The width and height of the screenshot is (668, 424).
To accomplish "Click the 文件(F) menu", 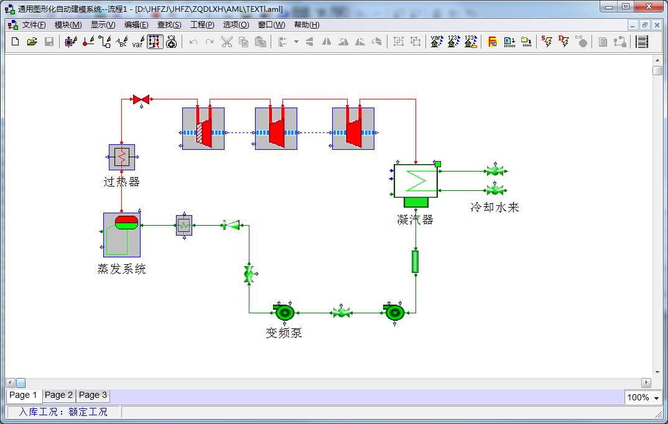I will tap(34, 25).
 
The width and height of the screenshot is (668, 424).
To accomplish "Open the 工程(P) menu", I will tap(202, 25).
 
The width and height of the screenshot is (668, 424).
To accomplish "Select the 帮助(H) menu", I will tap(306, 25).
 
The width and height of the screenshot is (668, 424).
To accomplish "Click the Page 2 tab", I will tap(58, 395).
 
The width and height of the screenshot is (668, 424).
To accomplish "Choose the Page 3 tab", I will tap(93, 395).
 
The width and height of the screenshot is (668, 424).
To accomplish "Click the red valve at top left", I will tap(141, 99).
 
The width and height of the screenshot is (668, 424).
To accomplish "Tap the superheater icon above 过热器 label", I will tap(122, 157).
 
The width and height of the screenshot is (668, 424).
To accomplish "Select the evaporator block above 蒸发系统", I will tap(122, 234).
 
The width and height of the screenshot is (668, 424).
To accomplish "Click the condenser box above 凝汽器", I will tap(415, 181).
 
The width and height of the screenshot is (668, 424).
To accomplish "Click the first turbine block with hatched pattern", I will tap(203, 129).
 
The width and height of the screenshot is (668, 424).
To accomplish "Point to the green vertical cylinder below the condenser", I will tap(415, 262).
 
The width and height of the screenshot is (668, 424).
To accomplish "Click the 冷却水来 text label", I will tap(494, 207).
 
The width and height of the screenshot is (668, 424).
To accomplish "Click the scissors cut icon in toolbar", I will tap(226, 42).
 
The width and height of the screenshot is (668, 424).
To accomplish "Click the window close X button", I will tap(653, 6).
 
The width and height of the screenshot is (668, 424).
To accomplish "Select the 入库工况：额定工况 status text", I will tap(63, 412).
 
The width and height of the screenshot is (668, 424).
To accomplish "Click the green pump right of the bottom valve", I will tap(395, 311).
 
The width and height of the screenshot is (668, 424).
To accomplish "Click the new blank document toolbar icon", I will tap(16, 42).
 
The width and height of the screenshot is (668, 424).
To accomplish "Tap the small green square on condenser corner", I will tap(438, 164).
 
